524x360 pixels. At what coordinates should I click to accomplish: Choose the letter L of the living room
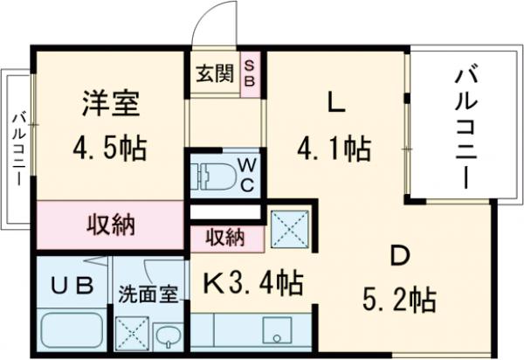pos(334,104)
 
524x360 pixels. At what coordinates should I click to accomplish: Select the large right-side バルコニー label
pos(462,128)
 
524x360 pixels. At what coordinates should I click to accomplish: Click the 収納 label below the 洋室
pos(111,225)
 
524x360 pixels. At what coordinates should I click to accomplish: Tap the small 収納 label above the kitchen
pos(224,237)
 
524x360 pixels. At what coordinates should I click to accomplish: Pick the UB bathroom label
pos(69,286)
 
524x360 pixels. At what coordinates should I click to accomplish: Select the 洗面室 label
pos(148,294)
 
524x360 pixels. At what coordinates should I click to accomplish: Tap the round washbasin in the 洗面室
pos(168,336)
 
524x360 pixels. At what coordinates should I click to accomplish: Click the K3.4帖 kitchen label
pos(253,282)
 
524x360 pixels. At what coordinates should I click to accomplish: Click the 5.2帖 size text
pos(399,301)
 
